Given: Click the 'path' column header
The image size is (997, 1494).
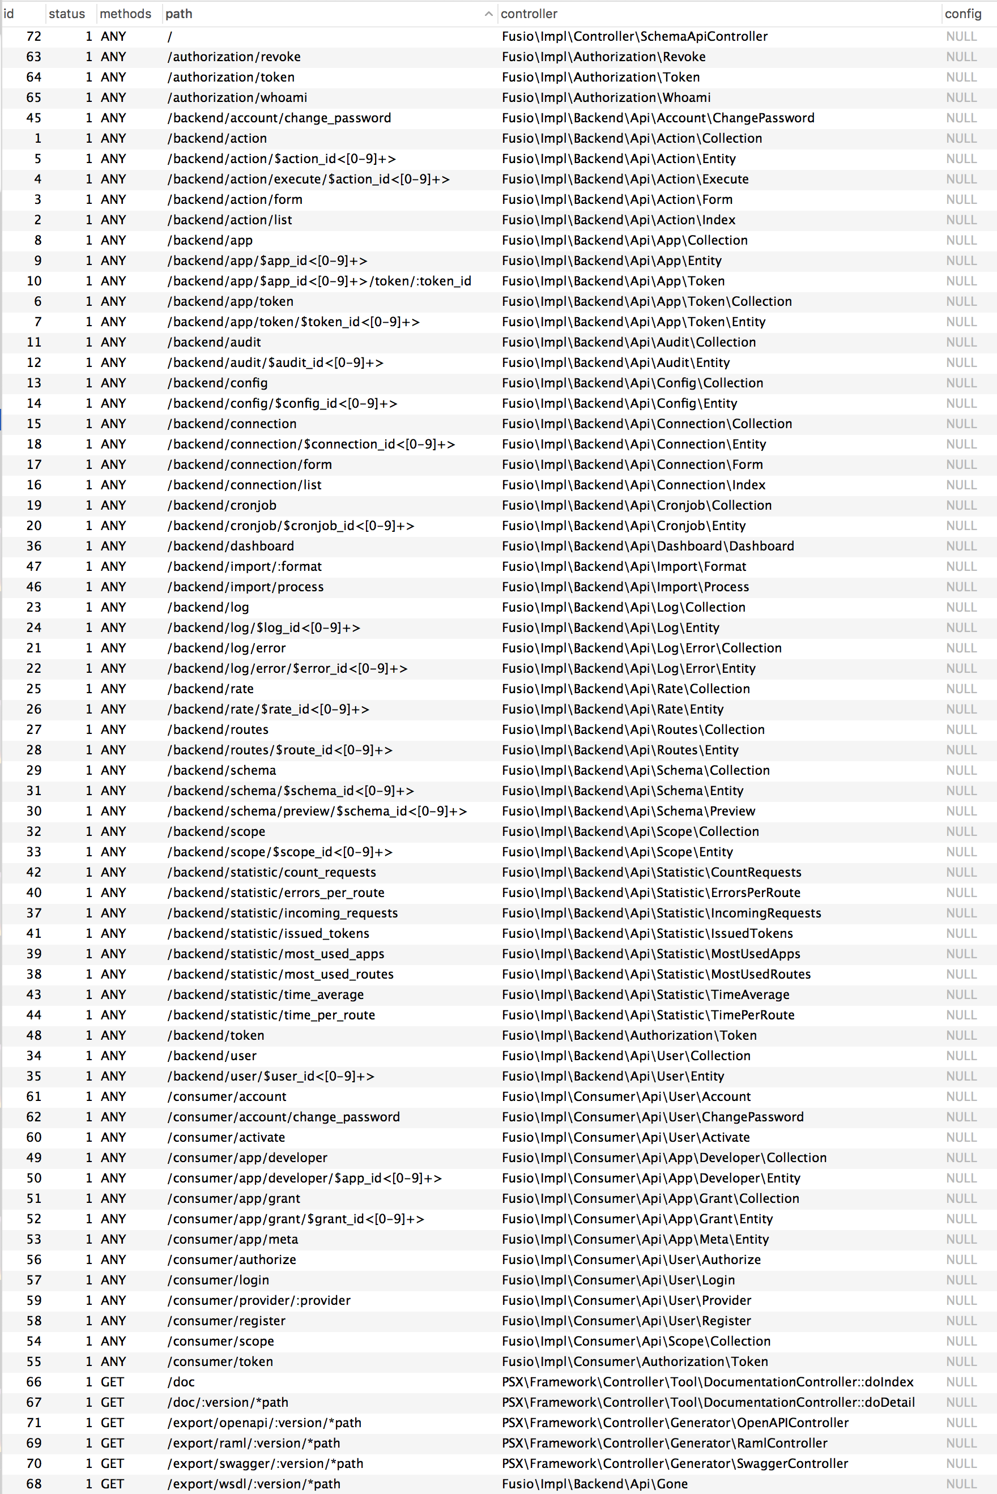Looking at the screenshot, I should tap(178, 14).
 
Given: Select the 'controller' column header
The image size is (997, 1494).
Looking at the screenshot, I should tap(529, 14).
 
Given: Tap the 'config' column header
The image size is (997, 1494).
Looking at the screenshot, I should tap(962, 14).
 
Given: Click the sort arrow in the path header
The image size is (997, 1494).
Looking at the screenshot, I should tap(488, 14).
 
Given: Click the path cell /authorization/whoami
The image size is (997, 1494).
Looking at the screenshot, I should tap(237, 97).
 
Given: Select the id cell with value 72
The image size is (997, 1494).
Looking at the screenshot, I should tap(33, 36).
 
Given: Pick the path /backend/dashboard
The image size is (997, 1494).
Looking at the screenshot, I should tap(231, 545).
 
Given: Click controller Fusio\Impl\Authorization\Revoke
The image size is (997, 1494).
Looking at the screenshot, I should tap(603, 57).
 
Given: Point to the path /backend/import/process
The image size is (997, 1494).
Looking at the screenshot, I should tap(245, 586).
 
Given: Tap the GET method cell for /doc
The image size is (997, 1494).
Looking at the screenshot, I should tap(112, 1381).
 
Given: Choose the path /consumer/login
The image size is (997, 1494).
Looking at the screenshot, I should tap(218, 1279).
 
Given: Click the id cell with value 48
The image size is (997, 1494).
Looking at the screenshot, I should tap(33, 1035).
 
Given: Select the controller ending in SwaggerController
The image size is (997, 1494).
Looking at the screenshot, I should tap(675, 1463).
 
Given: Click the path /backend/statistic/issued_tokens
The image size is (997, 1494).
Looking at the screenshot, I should tap(269, 933).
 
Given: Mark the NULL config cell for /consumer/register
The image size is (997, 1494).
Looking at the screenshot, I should tap(961, 1321).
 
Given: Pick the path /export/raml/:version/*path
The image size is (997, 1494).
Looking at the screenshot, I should tap(254, 1442).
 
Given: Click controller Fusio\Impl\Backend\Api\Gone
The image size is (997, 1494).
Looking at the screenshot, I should tap(594, 1483).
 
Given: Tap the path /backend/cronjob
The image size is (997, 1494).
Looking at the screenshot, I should tap(222, 505).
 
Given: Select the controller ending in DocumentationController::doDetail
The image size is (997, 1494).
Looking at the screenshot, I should tap(708, 1402).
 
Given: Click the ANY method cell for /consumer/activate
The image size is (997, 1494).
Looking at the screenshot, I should tap(113, 1137).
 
